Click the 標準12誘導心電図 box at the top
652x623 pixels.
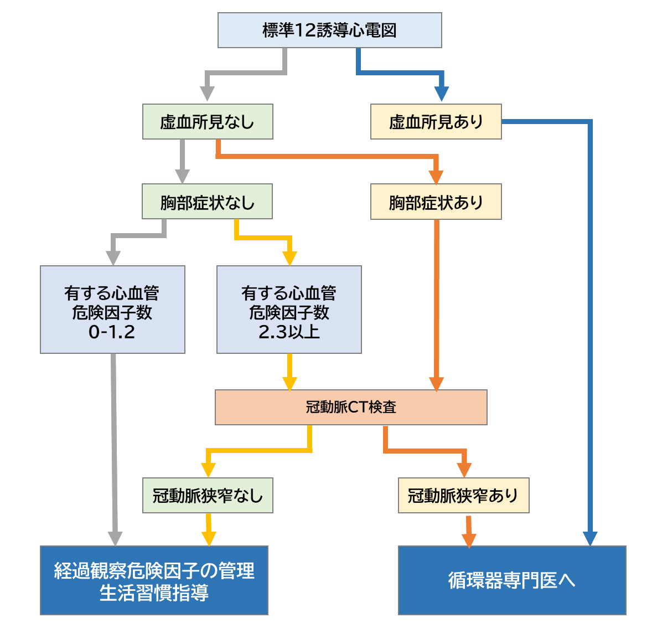pyautogui.click(x=329, y=30)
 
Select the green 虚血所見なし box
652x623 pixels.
pyautogui.click(x=208, y=121)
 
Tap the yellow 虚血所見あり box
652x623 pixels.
pyautogui.click(x=436, y=121)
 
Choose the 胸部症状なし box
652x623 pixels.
pyautogui.click(x=208, y=202)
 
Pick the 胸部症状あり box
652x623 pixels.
pyautogui.click(x=436, y=202)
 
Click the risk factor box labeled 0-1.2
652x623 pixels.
pyautogui.click(x=112, y=310)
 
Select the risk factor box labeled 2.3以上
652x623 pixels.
pyautogui.click(x=289, y=310)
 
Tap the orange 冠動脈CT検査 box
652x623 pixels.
pyautogui.click(x=351, y=407)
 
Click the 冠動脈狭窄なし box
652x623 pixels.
pyautogui.click(x=208, y=495)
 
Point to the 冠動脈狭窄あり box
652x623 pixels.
pyautogui.click(x=463, y=495)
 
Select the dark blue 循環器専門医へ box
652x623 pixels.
pyautogui.click(x=512, y=580)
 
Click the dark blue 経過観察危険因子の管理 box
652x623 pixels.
pyautogui.click(x=154, y=570)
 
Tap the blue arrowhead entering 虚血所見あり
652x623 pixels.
pyautogui.click(x=441, y=95)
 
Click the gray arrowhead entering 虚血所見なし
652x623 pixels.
pyautogui.click(x=207, y=95)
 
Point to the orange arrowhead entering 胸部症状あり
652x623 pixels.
pyautogui.click(x=436, y=177)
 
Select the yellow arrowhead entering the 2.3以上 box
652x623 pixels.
pyautogui.click(x=289, y=258)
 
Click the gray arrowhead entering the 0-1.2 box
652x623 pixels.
pyautogui.click(x=113, y=258)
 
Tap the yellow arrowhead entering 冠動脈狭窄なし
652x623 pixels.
pyautogui.click(x=208, y=470)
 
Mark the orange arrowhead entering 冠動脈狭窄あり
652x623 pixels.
pyautogui.click(x=464, y=470)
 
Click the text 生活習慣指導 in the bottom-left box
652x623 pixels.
pyautogui.click(x=154, y=593)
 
